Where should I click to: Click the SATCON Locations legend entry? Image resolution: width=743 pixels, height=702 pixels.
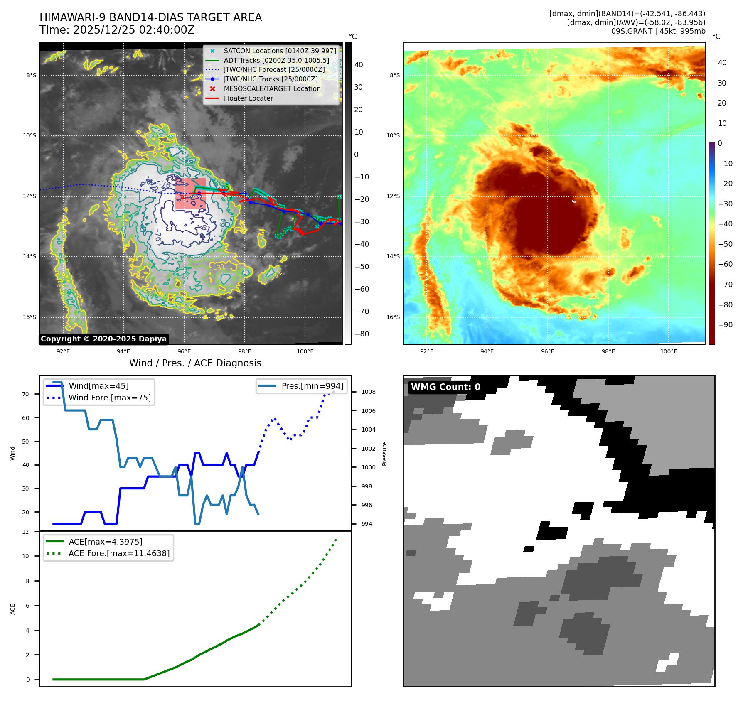coord(280,51)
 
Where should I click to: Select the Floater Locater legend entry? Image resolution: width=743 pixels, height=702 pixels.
coord(248,98)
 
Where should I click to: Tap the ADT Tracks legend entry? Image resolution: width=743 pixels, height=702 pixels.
coord(276,60)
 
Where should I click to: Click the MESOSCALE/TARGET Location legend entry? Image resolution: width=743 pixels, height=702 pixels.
coord(272,88)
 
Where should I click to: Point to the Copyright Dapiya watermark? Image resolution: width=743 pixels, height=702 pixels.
coord(103,339)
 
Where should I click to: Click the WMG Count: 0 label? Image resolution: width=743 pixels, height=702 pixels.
coord(445,387)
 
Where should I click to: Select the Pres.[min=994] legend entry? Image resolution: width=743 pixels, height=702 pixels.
coord(312,386)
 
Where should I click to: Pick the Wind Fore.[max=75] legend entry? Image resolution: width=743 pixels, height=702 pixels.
coord(109,398)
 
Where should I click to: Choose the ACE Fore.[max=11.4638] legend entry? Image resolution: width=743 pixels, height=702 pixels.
coord(119,553)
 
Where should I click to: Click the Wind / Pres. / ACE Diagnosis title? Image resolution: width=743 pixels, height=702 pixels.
coord(195,363)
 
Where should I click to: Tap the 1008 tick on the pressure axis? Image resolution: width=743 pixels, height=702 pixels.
coord(368,392)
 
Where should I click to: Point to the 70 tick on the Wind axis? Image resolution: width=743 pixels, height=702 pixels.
coord(26,394)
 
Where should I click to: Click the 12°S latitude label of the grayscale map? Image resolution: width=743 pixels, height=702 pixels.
coord(30,196)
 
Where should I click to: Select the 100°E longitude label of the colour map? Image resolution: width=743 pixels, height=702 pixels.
coord(669,351)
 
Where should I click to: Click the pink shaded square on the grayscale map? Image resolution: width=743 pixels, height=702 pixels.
coord(190,193)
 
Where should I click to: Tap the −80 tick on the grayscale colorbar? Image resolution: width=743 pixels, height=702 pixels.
coord(362,334)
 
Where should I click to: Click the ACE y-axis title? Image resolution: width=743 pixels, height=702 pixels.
coord(13,609)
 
